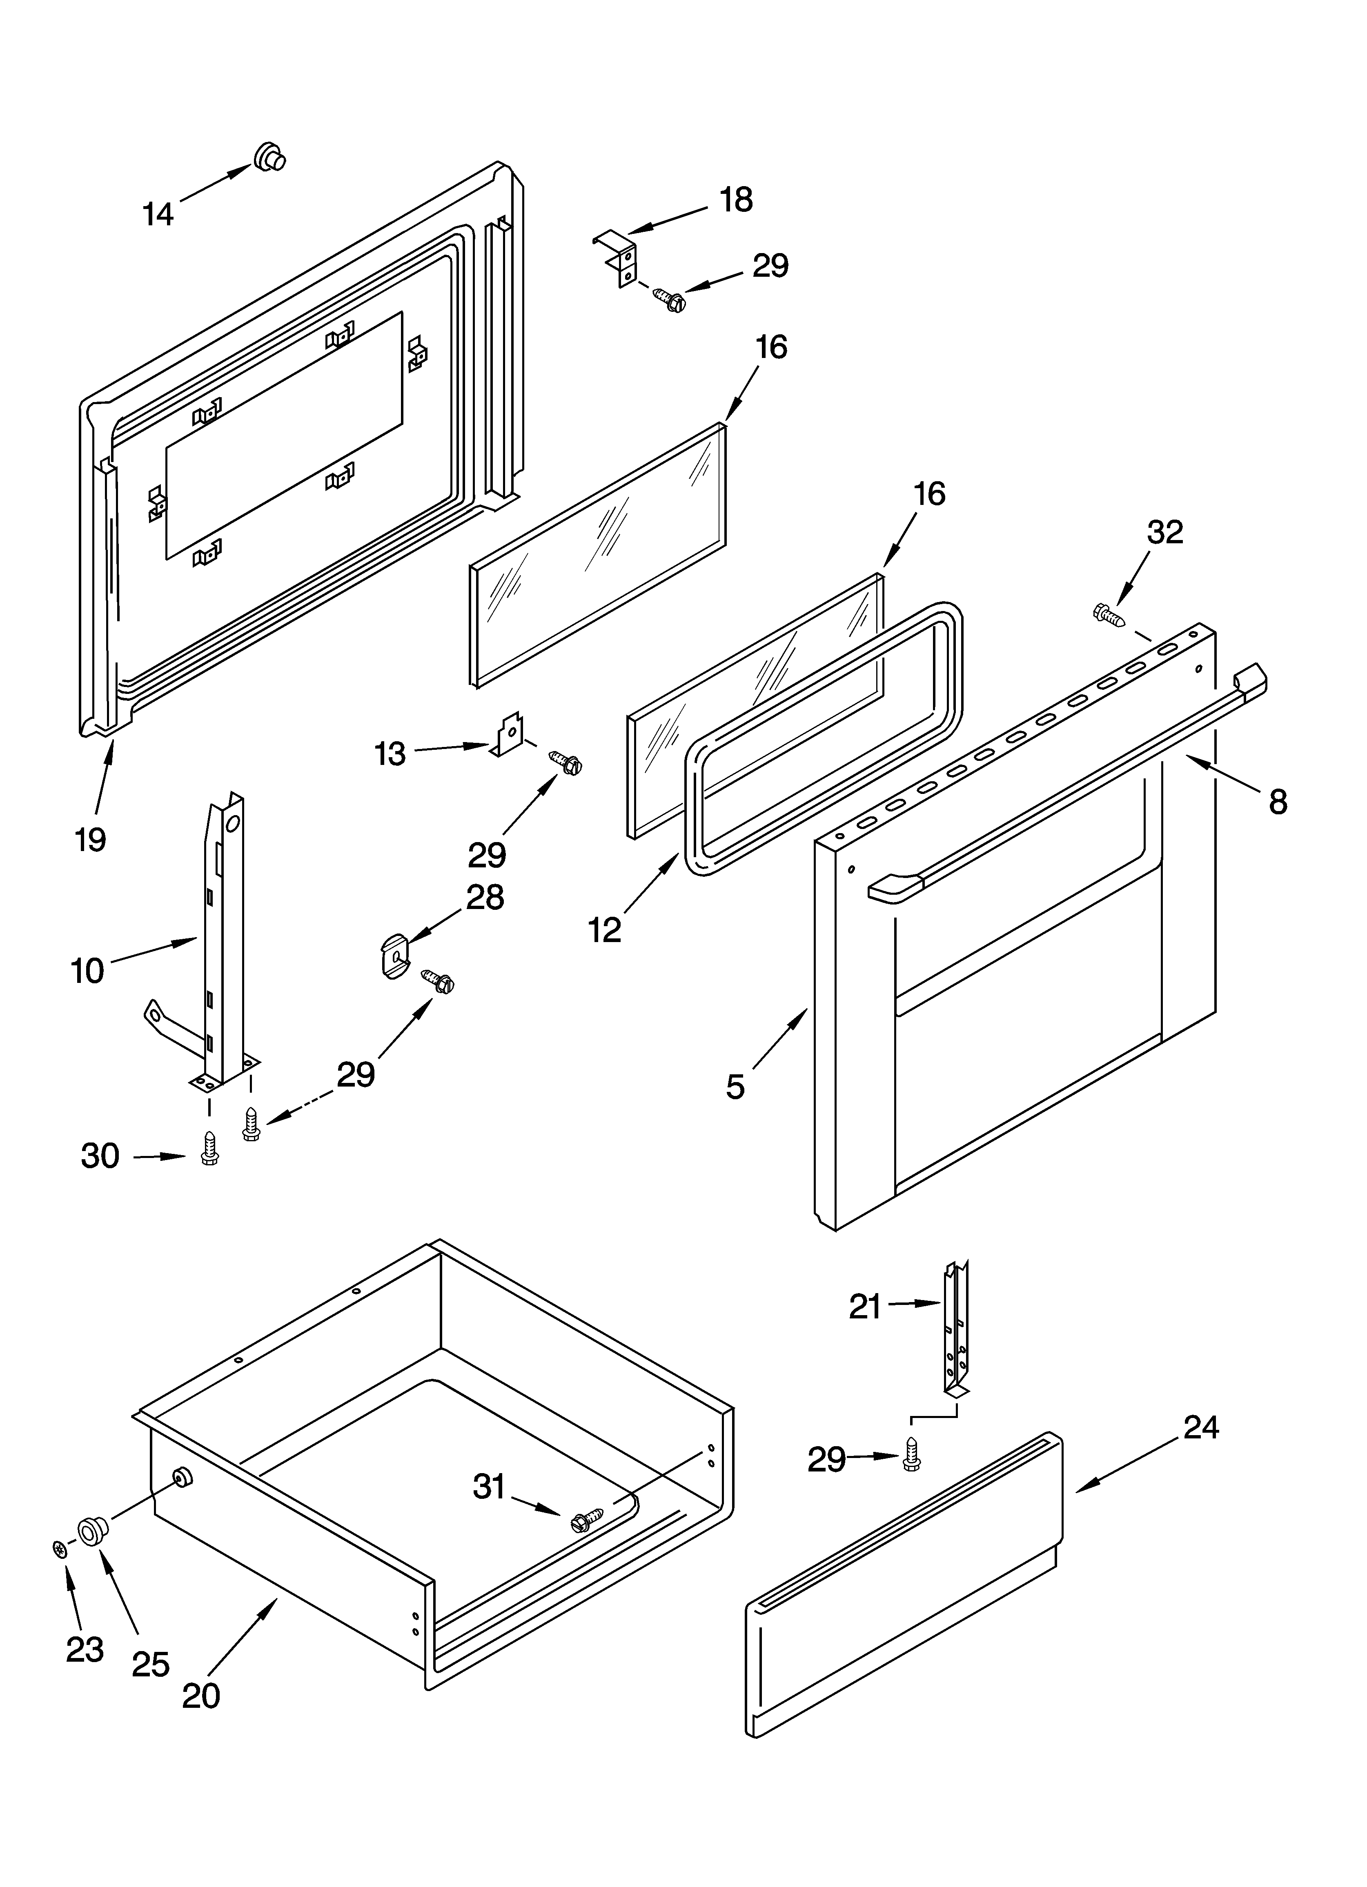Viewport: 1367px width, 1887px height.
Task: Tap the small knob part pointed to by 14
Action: (x=269, y=156)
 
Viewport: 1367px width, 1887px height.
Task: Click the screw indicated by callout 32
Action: (x=1108, y=615)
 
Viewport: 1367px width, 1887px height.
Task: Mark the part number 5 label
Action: (x=735, y=1087)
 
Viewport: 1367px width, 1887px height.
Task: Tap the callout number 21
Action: (x=865, y=1307)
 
